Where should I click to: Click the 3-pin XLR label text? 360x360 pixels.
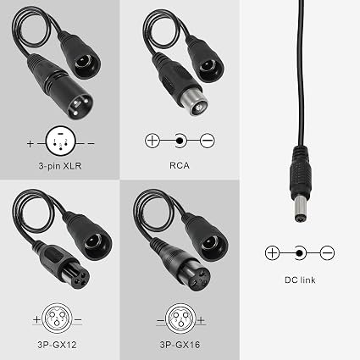pos(60,166)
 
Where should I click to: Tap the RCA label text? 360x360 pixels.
pos(180,165)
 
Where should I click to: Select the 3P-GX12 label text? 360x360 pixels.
pos(57,345)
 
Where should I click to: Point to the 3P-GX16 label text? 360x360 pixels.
pos(180,345)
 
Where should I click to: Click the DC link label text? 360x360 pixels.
pos(300,280)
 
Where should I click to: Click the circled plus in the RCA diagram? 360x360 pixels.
pos(152,141)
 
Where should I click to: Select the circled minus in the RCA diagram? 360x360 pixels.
pos(208,141)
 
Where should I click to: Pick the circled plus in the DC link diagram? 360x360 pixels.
pos(272,252)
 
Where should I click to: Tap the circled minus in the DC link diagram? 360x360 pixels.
pos(327,252)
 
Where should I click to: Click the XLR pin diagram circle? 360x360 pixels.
pos(61,141)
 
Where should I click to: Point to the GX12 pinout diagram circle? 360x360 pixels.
pos(57,318)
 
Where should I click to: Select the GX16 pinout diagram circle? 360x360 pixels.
pos(180,318)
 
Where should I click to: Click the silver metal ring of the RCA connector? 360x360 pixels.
pos(195,103)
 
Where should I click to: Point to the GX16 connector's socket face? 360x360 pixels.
pos(199,279)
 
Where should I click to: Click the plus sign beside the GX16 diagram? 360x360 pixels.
pos(201,320)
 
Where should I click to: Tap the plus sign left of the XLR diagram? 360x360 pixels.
pos(30,143)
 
